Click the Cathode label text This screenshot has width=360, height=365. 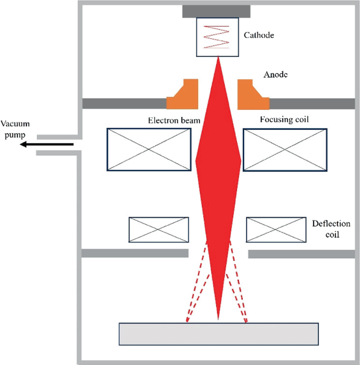click(259, 36)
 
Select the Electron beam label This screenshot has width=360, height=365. click(174, 120)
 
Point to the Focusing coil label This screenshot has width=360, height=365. click(284, 119)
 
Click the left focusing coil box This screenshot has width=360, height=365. click(149, 149)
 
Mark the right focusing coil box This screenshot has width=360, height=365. click(284, 149)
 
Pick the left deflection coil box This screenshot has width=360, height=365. click(159, 230)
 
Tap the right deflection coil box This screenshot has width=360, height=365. click(276, 230)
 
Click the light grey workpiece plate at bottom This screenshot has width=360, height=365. click(219, 334)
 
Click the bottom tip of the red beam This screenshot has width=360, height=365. click(218, 317)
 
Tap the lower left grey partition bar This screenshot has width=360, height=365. click(135, 254)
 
